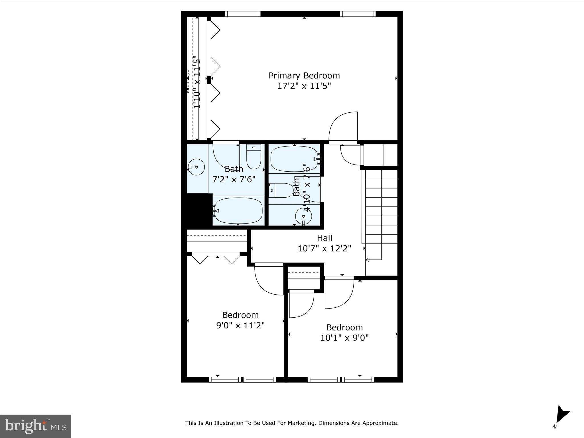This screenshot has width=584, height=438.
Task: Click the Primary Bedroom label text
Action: tap(304, 76)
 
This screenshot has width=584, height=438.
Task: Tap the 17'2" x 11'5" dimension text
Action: tap(304, 86)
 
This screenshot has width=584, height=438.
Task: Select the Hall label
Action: tap(325, 238)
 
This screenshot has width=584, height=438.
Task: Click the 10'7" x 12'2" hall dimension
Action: tap(325, 249)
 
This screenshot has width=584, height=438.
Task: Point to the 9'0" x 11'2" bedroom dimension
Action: tap(240, 325)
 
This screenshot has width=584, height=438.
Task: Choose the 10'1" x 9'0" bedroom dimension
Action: tap(344, 338)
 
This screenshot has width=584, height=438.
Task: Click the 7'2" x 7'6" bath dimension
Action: tap(234, 179)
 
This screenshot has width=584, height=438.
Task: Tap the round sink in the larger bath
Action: tap(196, 167)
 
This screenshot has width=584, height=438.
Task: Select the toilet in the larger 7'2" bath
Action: tap(254, 156)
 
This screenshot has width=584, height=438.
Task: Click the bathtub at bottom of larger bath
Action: tap(238, 211)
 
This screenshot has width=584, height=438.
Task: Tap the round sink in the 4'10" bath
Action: tap(303, 216)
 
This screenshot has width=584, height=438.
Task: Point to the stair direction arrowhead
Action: tap(368, 260)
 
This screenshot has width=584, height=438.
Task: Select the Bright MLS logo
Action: tap(36, 426)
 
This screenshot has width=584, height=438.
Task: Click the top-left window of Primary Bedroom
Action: tap(243, 14)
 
